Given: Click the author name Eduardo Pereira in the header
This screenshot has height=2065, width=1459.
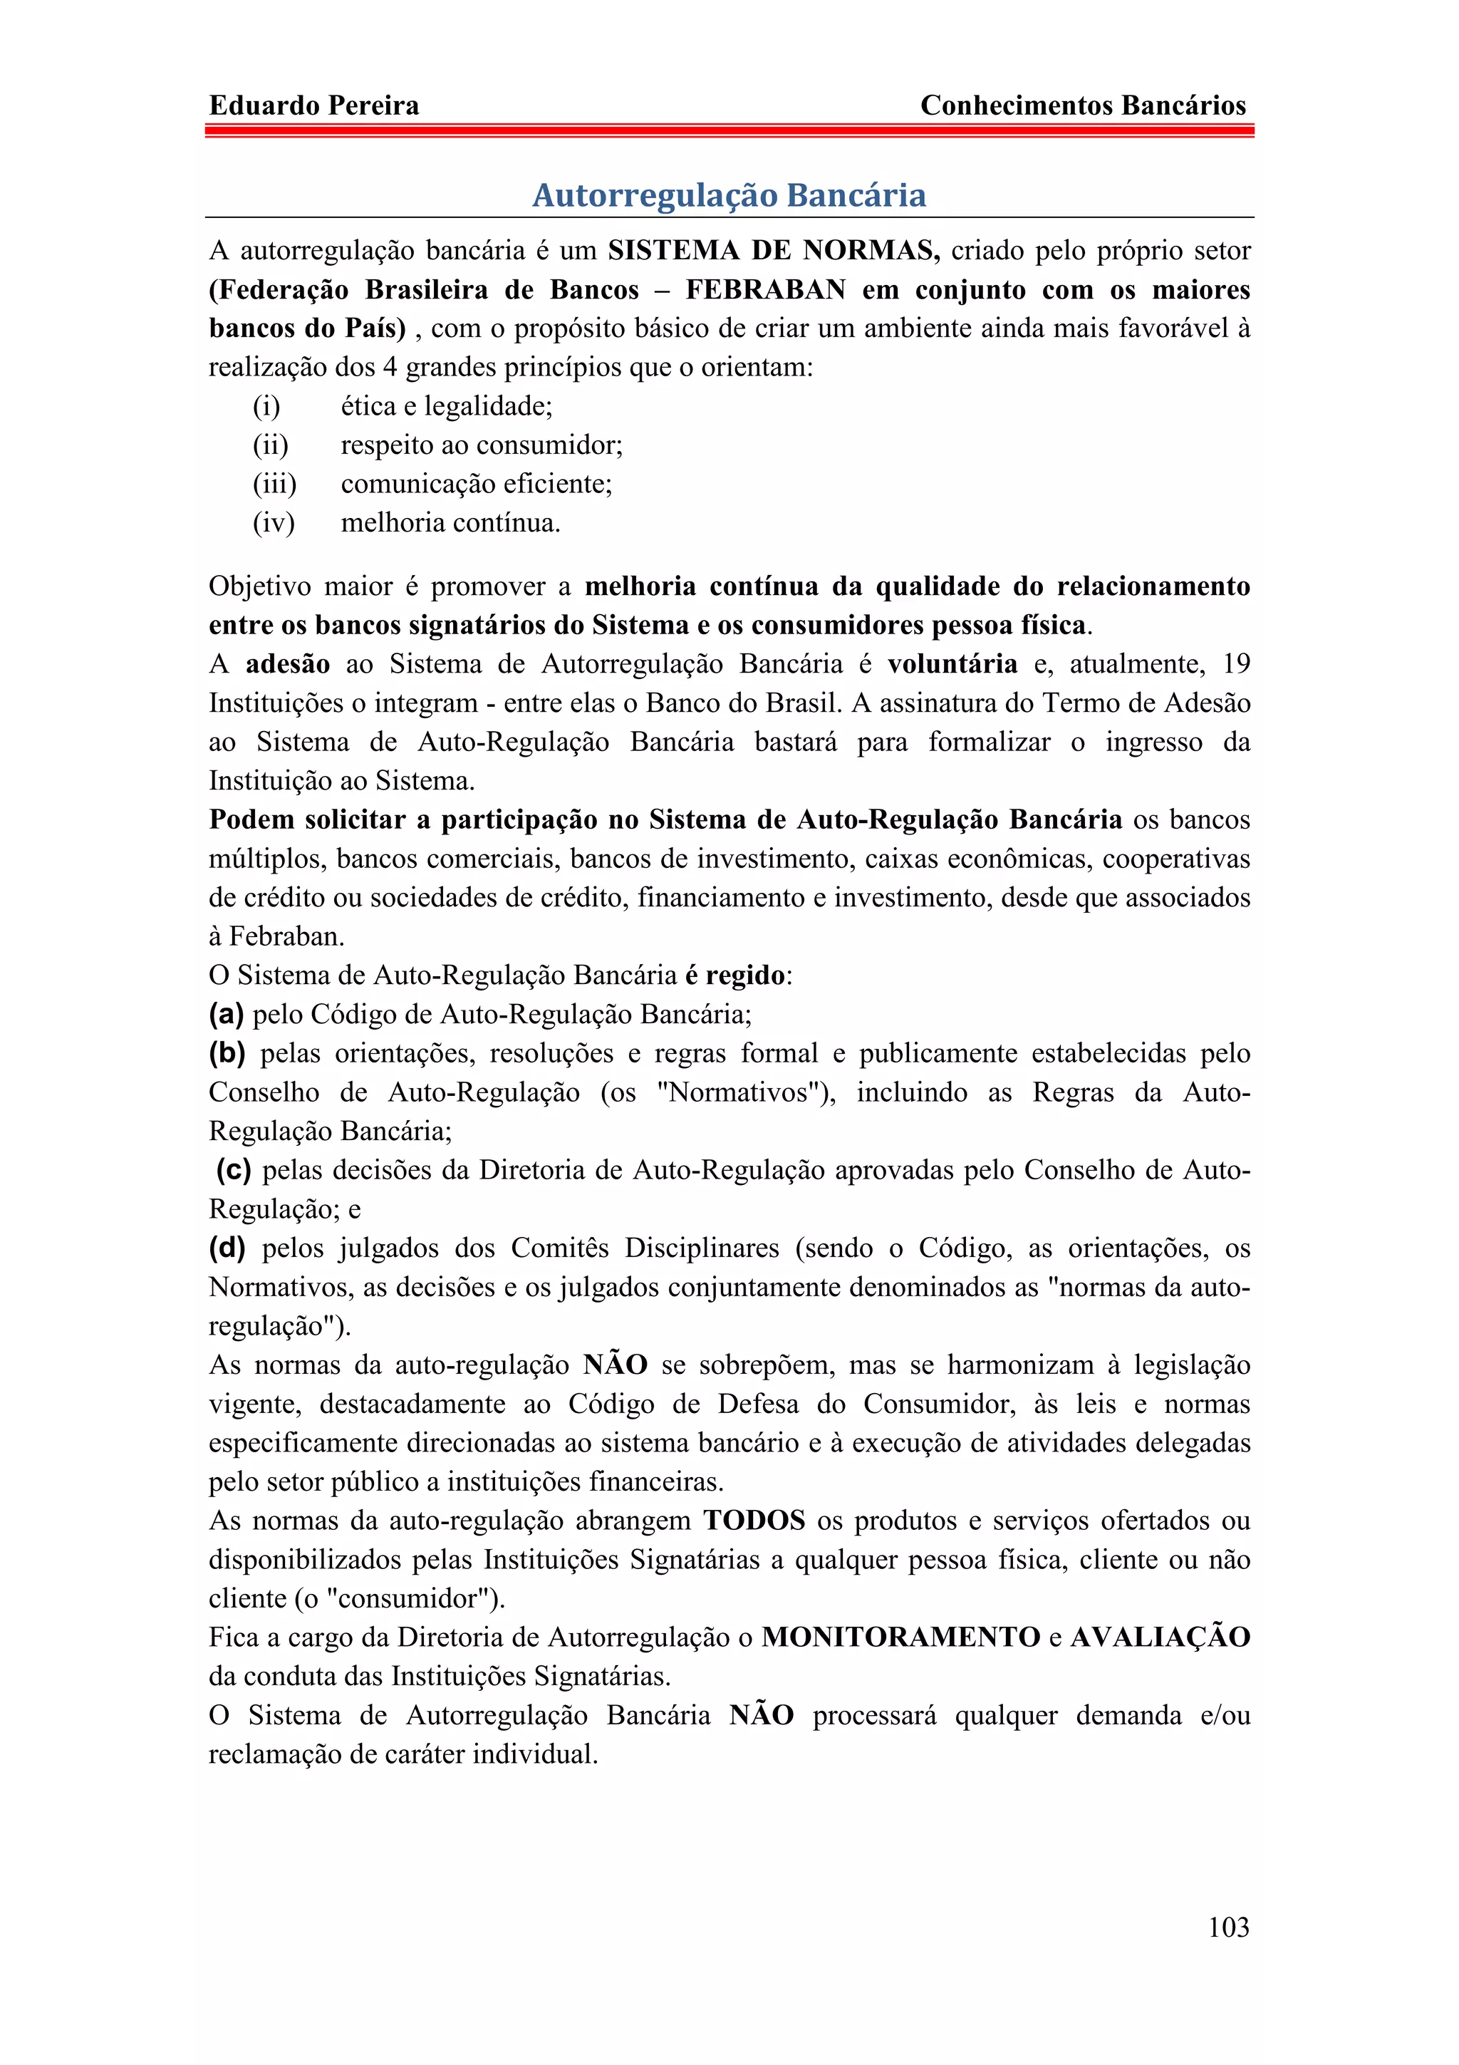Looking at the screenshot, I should click(313, 105).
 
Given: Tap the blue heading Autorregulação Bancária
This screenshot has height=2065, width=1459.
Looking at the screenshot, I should click(729, 195).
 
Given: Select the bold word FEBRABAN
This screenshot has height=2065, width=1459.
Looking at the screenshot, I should click(765, 289).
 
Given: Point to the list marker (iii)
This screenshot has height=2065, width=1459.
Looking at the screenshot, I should click(274, 484).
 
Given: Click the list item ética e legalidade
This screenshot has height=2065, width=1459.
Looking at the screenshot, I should click(446, 407).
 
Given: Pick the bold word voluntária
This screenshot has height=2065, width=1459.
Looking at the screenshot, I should click(952, 664).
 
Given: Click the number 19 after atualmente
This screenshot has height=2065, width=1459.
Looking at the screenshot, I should click(1236, 664).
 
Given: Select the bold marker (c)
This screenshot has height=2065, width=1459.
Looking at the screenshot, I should click(234, 1170).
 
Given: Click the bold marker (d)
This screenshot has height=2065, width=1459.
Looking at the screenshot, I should click(227, 1248).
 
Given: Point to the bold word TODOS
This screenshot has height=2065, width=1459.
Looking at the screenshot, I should click(754, 1521).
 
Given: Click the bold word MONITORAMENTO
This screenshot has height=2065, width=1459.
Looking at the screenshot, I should click(900, 1637).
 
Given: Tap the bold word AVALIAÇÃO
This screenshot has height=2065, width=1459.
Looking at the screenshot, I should click(1160, 1637).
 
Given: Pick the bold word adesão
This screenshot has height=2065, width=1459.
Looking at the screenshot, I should click(288, 664).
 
